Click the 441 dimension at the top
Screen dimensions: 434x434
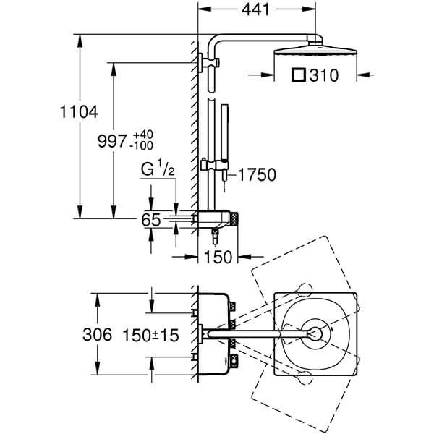[255, 10]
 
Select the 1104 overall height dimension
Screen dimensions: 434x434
[79, 112]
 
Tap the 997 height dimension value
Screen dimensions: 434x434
[112, 141]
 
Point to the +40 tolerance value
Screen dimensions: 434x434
[142, 135]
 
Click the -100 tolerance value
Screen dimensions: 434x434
[142, 145]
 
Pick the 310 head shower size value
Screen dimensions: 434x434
[324, 75]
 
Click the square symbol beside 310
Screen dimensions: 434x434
[299, 75]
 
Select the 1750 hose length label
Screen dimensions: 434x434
[257, 174]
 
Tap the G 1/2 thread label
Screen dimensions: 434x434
[158, 169]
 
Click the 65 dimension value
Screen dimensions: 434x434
[151, 220]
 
